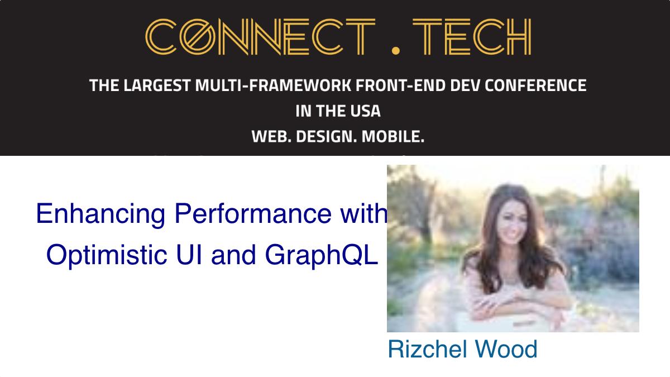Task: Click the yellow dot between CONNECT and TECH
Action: click(395, 50)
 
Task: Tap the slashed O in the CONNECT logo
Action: click(198, 36)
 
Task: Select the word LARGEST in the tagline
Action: click(157, 85)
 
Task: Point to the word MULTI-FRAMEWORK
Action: click(273, 85)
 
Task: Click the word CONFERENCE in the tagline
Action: click(535, 85)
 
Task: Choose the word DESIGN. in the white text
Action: click(326, 136)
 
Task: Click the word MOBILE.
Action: click(393, 136)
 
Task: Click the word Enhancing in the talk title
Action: click(100, 214)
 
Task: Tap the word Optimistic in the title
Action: click(107, 255)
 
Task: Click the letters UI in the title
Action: click(189, 254)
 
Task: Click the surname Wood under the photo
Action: click(506, 349)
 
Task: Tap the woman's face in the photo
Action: click(513, 223)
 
